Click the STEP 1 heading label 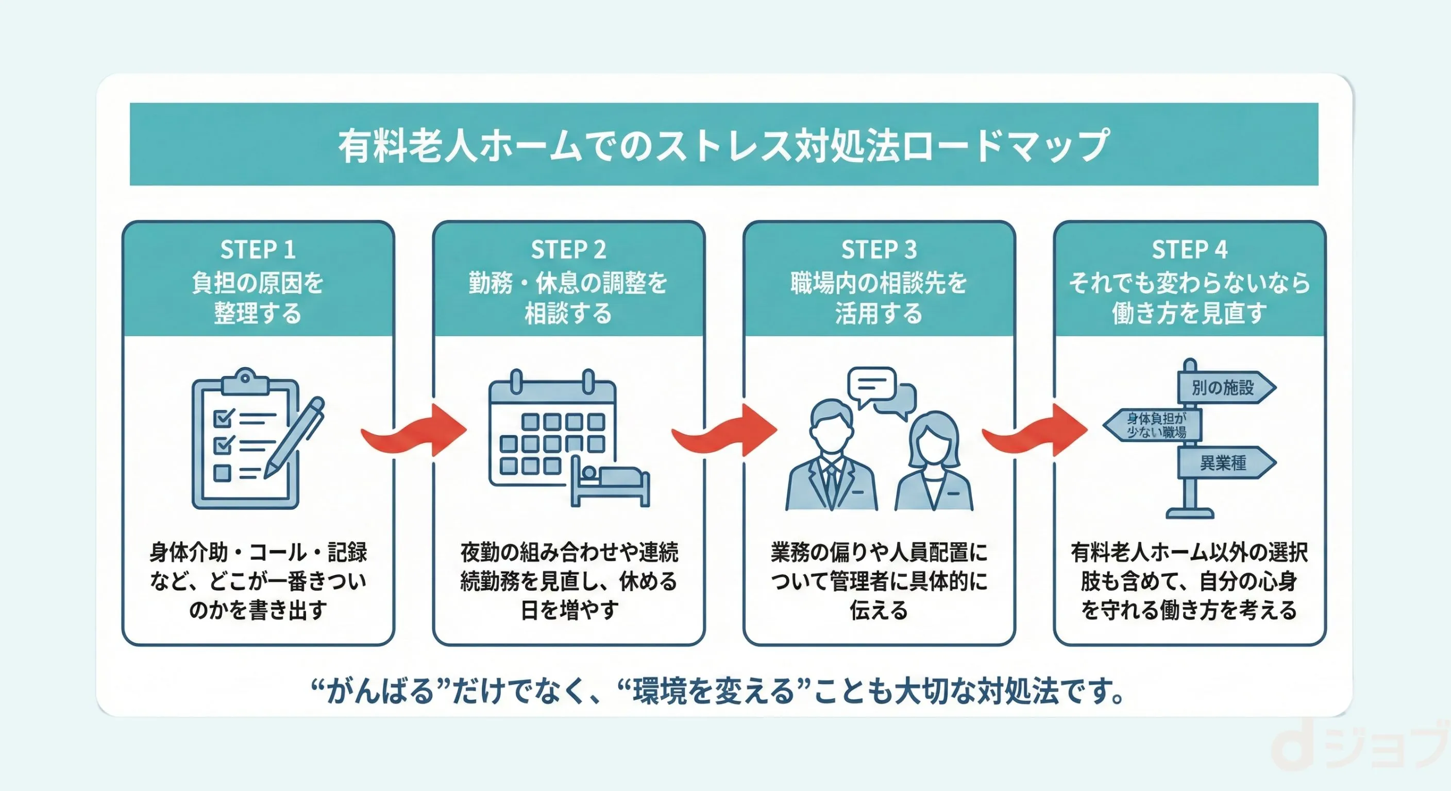click(258, 249)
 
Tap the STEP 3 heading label click(879, 249)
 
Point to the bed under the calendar click(611, 482)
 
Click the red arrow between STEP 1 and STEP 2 click(415, 431)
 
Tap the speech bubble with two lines click(871, 385)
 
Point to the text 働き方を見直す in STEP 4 click(1189, 313)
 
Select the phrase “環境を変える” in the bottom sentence click(713, 691)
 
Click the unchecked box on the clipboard click(223, 473)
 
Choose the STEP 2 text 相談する click(568, 313)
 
